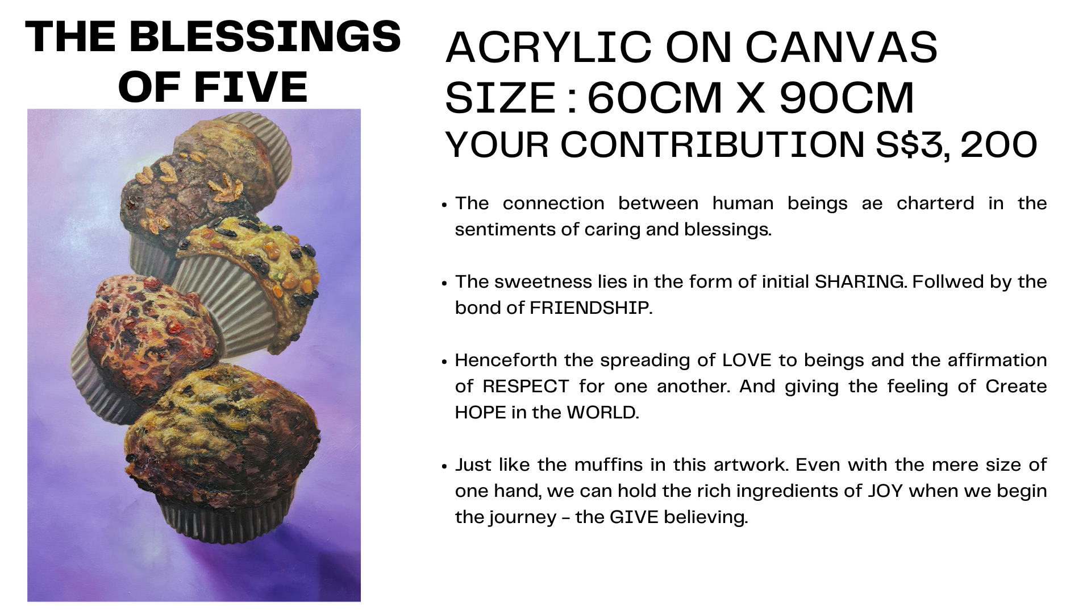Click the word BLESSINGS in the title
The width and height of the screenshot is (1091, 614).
click(x=265, y=37)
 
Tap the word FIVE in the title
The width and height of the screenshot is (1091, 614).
click(x=252, y=88)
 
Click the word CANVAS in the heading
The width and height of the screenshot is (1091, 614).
click(x=842, y=47)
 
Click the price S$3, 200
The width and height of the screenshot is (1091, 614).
click(x=957, y=145)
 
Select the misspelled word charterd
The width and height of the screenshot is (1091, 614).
click(x=935, y=204)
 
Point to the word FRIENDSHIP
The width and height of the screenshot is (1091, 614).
click(x=589, y=308)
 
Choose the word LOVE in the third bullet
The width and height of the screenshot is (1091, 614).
click(x=747, y=360)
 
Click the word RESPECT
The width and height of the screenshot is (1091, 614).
click(x=526, y=387)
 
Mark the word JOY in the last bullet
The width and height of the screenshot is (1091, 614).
click(x=885, y=491)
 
